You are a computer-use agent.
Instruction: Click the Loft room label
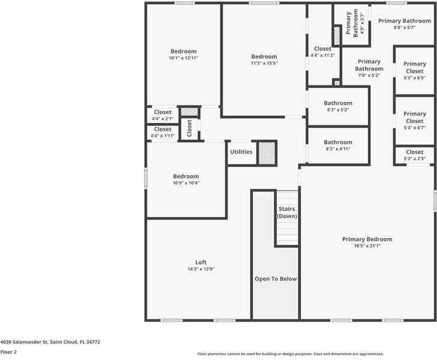point(200,262)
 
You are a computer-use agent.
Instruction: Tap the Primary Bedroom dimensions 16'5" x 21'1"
point(367,246)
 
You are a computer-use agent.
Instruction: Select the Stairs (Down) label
point(287,212)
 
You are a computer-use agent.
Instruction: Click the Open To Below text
point(276,278)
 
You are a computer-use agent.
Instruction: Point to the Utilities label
point(241,152)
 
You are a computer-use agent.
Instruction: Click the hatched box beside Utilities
point(267,153)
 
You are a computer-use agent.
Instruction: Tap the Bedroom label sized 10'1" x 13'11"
point(183,52)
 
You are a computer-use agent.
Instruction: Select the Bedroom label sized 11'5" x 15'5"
point(264,57)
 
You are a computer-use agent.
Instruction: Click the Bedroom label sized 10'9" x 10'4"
point(185,176)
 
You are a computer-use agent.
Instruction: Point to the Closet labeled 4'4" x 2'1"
point(163,112)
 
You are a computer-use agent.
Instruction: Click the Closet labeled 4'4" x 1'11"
point(163,129)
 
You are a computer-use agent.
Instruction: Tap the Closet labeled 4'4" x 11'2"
point(322,49)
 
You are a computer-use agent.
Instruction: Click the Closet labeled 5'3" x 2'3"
point(414,152)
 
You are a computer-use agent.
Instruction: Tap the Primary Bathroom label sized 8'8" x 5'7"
point(404,21)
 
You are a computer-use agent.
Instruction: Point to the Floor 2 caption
point(8,352)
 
